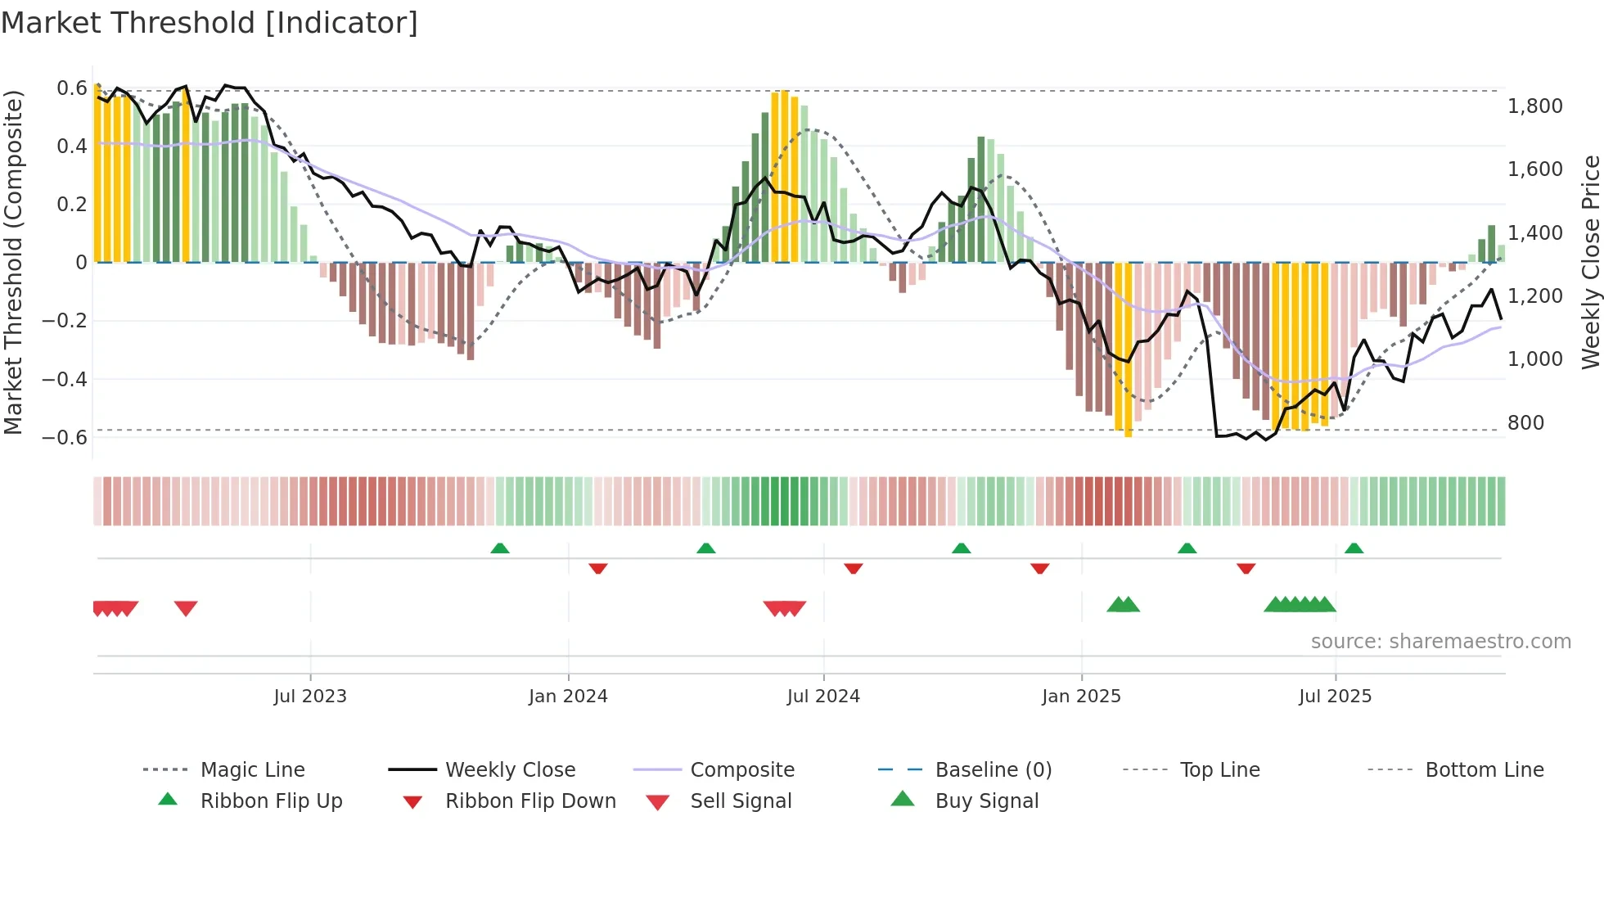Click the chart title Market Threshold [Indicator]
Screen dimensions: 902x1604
coord(210,23)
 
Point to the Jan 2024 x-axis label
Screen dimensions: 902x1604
coord(568,696)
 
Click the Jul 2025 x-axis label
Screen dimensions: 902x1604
coord(1335,696)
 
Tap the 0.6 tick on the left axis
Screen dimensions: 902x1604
coord(72,88)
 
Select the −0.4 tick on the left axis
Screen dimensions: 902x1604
coord(65,379)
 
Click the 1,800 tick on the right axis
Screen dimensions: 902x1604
coord(1534,106)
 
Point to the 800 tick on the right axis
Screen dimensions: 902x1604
coord(1525,422)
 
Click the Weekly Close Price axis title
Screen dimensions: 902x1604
coord(1590,262)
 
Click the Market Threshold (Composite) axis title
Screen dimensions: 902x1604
coord(13,262)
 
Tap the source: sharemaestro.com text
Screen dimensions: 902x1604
coord(1440,641)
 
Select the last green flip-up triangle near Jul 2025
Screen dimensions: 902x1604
coord(1354,548)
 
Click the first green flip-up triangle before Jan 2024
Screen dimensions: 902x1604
coord(500,548)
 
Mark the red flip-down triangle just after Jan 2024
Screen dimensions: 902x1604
coord(598,568)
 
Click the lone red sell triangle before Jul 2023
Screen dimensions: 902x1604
coord(186,608)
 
